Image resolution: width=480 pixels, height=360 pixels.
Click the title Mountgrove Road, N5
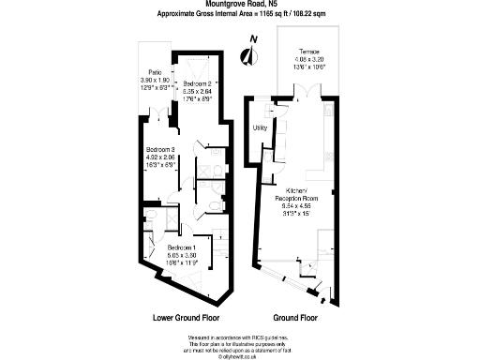pos(239,6)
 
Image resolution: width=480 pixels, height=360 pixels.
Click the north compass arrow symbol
pos(247,54)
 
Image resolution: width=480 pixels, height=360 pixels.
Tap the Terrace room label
pos(308,51)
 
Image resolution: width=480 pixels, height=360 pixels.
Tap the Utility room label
pos(262,128)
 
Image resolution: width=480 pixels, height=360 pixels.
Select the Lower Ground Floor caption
pos(185,317)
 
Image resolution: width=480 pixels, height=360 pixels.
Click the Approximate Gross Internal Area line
pos(239,16)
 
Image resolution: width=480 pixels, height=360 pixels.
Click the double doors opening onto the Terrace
pos(301,91)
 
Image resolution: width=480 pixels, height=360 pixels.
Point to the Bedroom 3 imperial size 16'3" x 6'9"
pos(161,165)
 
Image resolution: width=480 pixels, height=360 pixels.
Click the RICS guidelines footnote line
pos(239,336)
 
